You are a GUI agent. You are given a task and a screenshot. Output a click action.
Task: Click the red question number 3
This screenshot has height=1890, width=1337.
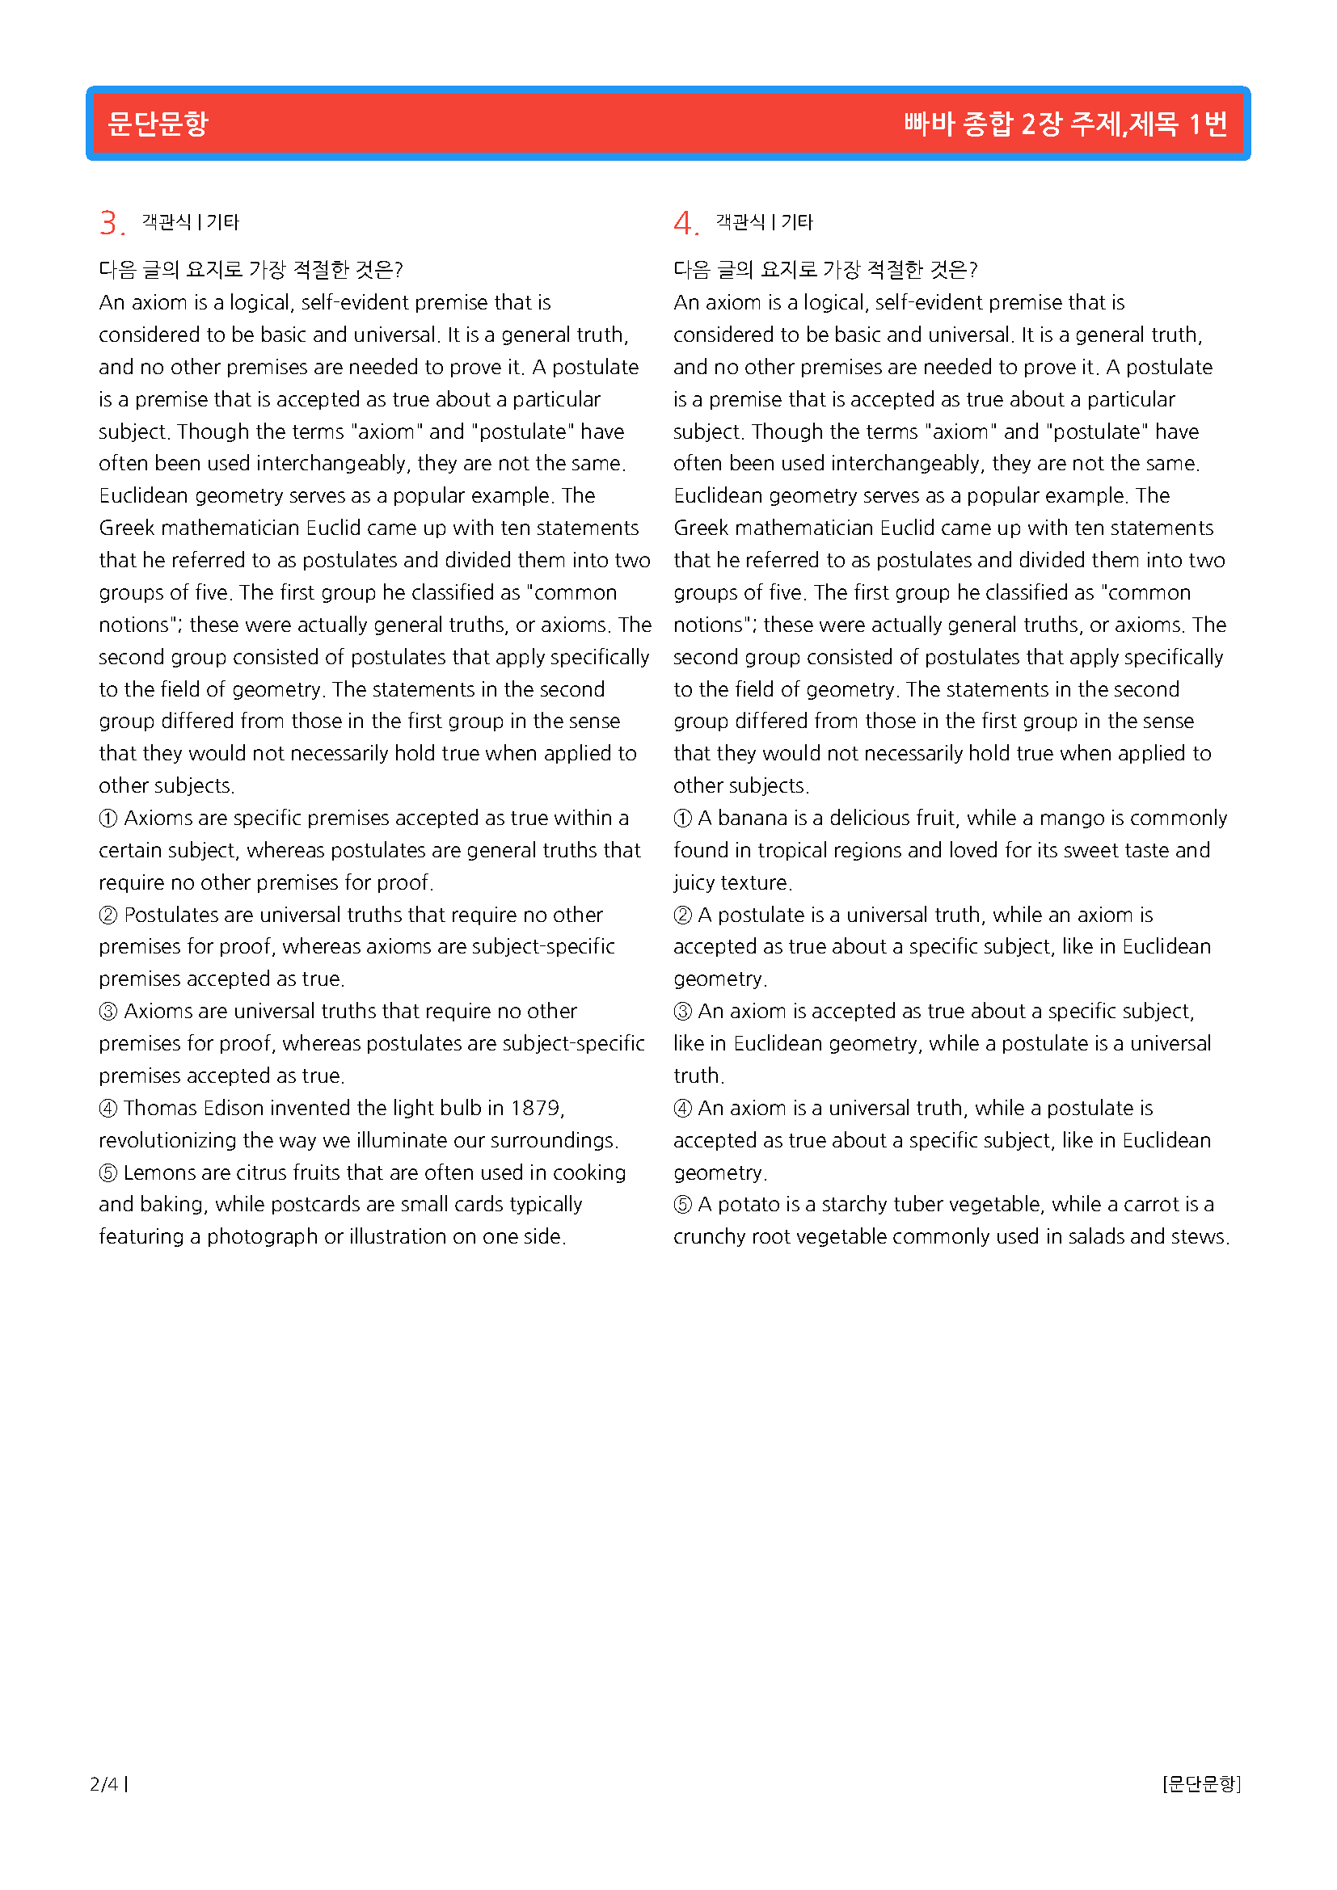109,223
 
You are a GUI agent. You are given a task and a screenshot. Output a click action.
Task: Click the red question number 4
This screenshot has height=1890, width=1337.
683,223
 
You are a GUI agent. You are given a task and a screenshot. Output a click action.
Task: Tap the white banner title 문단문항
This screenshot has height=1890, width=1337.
158,124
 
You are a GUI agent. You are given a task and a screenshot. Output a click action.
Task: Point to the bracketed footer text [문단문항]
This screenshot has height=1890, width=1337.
1201,1784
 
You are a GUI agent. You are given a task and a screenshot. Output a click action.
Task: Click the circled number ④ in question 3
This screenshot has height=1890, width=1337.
108,1109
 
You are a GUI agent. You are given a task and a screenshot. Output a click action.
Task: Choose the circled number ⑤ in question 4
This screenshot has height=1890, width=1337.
682,1205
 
